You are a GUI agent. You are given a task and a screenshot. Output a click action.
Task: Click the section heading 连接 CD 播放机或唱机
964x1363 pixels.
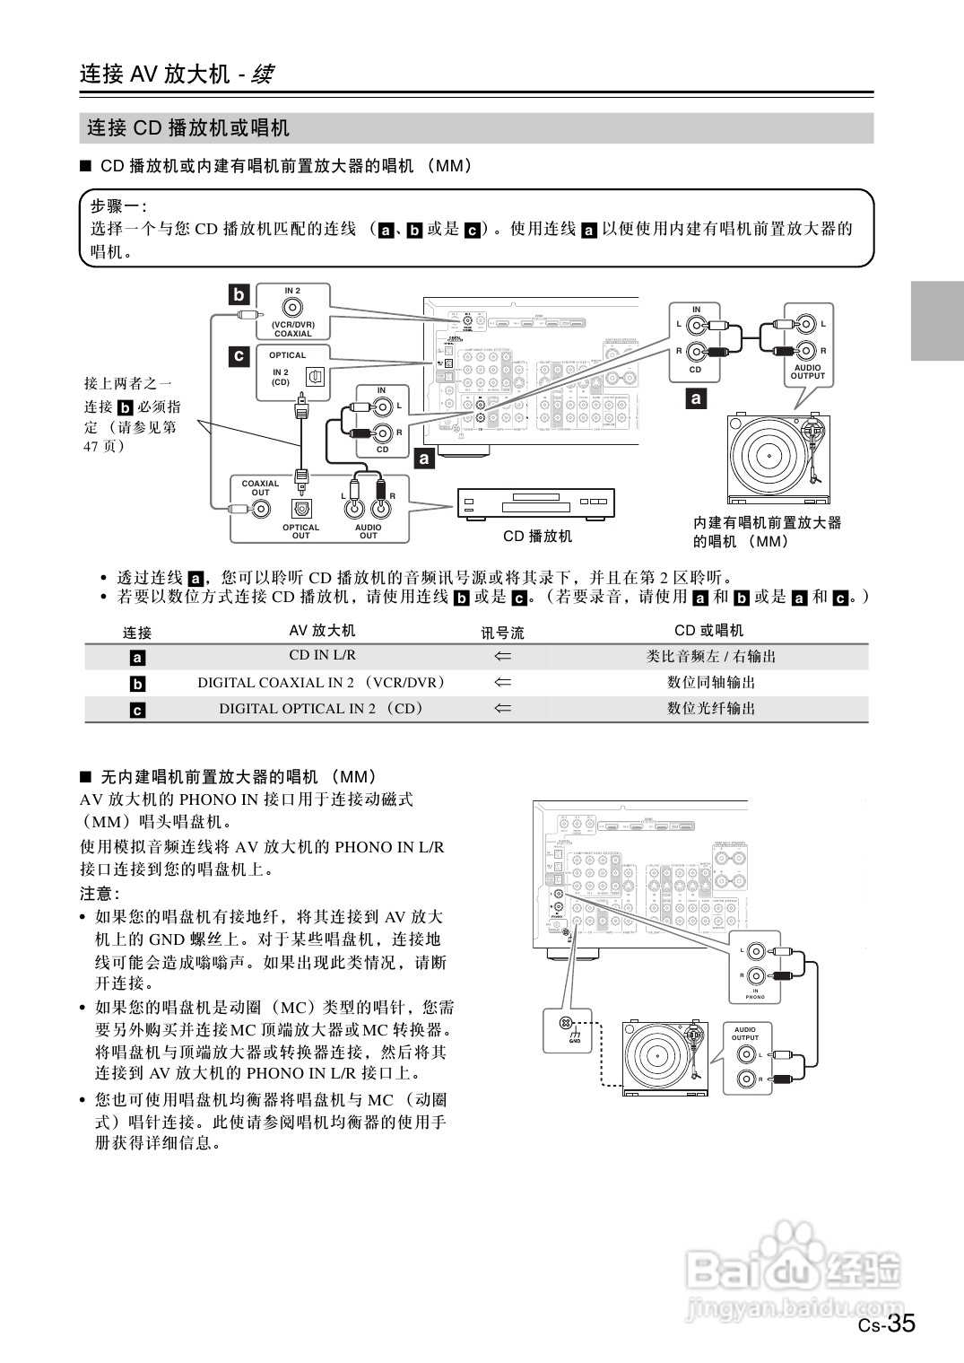188,128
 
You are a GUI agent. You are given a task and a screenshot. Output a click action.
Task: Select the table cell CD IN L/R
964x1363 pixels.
322,656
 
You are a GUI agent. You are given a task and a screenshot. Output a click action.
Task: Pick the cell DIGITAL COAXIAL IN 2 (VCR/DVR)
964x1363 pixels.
322,682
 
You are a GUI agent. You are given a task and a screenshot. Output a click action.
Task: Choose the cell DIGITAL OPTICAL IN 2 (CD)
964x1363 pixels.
322,708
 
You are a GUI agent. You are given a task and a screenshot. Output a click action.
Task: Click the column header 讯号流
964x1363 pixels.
502,632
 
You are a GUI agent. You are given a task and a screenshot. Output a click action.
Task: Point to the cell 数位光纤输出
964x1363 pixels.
711,708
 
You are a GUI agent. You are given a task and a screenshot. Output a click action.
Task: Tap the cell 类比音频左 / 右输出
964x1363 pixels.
711,656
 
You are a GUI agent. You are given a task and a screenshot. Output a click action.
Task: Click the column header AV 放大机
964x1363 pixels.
322,631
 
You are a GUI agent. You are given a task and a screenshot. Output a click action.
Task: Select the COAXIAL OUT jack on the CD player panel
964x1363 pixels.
261,510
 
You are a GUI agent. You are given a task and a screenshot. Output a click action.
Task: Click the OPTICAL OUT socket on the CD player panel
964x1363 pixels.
301,509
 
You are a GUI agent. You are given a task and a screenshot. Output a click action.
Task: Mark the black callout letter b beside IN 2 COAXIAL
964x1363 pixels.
239,294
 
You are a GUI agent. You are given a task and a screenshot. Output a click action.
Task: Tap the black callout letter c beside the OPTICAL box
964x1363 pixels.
239,356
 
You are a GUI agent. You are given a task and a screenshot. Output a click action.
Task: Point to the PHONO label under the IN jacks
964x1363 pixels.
755,997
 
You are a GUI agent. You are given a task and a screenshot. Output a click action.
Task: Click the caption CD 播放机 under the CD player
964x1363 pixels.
537,537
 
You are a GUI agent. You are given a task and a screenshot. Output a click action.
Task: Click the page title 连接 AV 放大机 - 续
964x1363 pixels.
176,74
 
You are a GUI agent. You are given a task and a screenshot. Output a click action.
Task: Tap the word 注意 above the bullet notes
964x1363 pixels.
100,894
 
